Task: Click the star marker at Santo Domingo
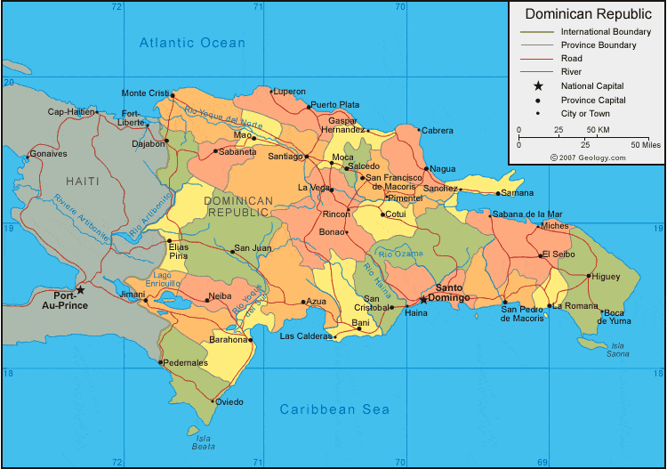point(423,300)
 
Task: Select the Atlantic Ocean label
point(192,43)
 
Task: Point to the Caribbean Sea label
point(334,409)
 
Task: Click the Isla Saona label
point(617,349)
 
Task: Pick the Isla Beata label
point(204,441)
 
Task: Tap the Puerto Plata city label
point(335,104)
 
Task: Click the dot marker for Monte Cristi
point(173,95)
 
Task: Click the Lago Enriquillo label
point(167,279)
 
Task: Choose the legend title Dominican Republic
point(586,14)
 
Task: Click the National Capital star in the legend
point(537,86)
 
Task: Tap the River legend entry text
point(570,72)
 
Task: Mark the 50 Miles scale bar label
point(646,143)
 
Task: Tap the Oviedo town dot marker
point(214,401)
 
